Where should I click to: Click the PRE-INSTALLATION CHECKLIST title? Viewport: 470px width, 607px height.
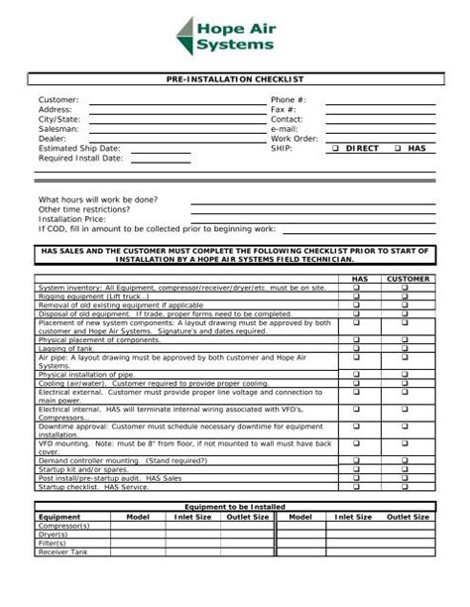coord(235,78)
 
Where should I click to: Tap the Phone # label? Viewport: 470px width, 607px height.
coord(289,100)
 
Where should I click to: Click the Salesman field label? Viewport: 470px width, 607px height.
coord(59,129)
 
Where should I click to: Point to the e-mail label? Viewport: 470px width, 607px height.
coord(285,129)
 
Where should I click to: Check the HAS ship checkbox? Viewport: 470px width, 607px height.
coord(398,148)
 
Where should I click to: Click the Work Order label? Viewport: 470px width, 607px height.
coord(294,139)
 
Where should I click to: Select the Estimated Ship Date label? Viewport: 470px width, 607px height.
coord(79,148)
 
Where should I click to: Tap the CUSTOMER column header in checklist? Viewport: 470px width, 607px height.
coord(408,279)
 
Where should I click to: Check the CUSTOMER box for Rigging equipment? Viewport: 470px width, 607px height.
coord(407,296)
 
